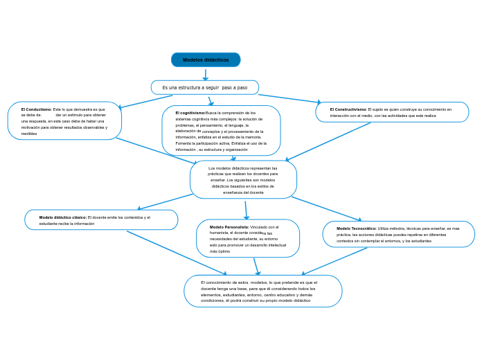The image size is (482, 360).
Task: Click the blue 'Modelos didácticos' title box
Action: pos(206,60)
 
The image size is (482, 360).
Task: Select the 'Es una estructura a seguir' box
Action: pos(205,88)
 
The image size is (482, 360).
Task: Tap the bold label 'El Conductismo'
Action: pos(36,109)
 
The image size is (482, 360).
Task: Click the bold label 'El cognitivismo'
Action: pos(190,113)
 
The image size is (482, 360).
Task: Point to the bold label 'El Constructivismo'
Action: pos(348,109)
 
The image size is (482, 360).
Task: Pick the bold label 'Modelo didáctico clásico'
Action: pos(63,217)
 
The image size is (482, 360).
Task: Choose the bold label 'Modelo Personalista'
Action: pos(229,227)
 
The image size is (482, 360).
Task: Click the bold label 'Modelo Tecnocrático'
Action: pos(357,228)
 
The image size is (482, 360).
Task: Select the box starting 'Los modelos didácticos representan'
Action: pos(243,180)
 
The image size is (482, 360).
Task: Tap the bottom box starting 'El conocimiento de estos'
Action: pos(263,291)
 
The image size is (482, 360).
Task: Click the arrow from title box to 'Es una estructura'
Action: pos(205,74)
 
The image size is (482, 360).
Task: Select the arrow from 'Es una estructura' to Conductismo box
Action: pos(145,102)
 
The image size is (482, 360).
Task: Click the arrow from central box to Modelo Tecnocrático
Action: pos(326,209)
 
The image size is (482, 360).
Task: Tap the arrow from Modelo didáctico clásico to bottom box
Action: pos(177,253)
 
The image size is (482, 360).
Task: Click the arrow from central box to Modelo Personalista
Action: pos(246,210)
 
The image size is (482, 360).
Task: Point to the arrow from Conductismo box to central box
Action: pos(156,150)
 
